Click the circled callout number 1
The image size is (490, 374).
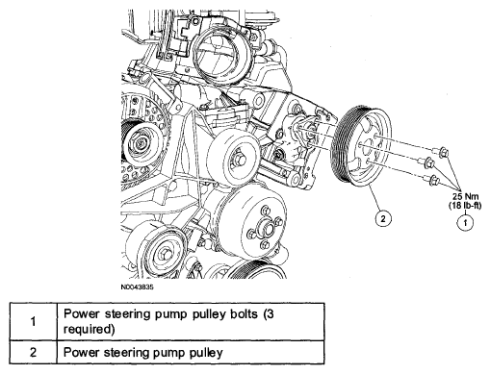465,222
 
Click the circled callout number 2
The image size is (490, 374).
383,218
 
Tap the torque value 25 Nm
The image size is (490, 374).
465,196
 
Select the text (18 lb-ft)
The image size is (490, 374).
465,206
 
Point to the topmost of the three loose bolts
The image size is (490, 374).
440,152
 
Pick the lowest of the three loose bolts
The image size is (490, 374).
431,180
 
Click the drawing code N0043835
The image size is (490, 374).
137,287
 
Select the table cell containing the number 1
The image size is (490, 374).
34,321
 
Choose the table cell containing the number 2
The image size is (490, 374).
34,352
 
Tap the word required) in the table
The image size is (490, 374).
90,330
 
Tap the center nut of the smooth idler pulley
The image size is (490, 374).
240,160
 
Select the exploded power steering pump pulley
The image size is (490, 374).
361,146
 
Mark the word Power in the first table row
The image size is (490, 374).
81,314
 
